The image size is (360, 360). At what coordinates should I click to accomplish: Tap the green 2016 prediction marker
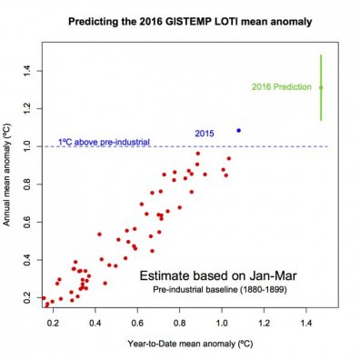click(x=321, y=87)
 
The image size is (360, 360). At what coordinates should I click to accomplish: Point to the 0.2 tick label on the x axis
click(x=54, y=321)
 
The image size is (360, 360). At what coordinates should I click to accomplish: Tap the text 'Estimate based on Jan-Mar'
click(x=205, y=275)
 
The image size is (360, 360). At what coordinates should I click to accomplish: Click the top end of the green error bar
click(x=321, y=55)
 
